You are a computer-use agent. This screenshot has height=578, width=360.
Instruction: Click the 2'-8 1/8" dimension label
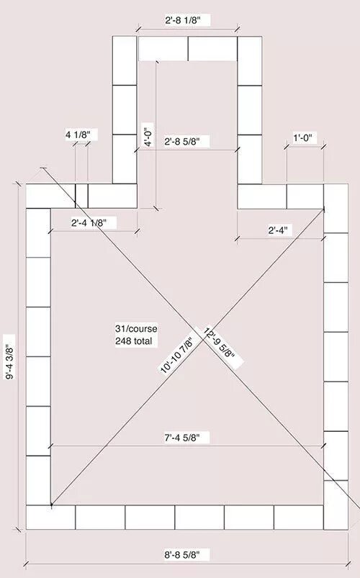point(183,20)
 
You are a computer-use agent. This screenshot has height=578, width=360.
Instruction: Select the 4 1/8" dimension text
point(78,135)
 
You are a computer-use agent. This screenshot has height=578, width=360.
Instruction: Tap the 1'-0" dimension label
point(302,138)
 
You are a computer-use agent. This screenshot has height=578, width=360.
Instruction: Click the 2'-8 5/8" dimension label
point(182,141)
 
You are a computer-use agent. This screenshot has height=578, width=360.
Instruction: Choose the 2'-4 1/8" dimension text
point(89,222)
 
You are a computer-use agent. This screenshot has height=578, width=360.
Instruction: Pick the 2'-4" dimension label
point(278,230)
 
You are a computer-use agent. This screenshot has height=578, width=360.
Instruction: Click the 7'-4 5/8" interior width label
point(182,438)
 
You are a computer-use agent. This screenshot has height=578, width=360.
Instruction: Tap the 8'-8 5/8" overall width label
point(182,554)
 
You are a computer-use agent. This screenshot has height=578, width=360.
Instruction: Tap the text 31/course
point(136,329)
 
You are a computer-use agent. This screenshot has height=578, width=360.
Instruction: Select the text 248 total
point(133,341)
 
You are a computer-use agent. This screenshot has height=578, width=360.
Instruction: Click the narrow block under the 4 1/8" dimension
point(81,196)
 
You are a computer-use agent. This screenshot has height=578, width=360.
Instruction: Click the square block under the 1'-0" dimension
point(305,196)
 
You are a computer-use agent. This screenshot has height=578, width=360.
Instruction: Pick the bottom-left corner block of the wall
point(50,518)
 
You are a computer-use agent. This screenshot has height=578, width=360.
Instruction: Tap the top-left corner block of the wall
point(50,196)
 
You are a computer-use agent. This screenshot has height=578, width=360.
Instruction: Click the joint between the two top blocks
point(188,48)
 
